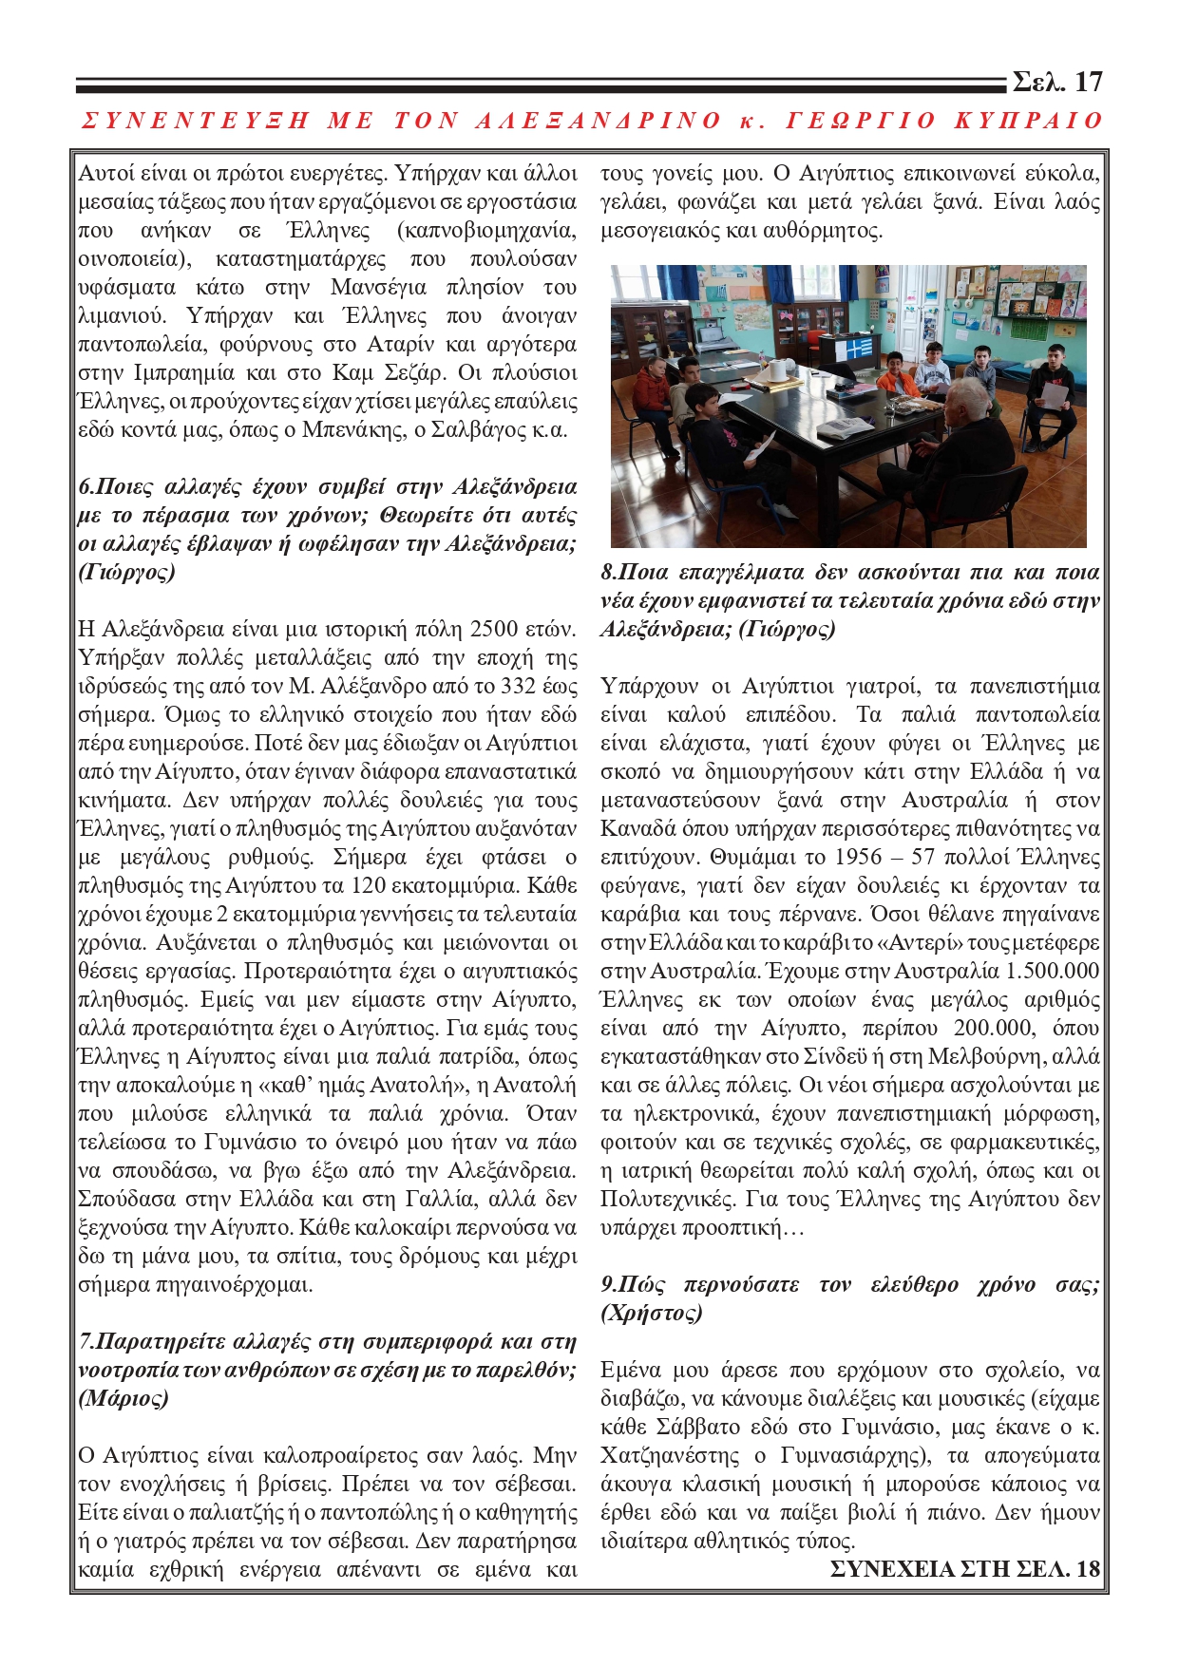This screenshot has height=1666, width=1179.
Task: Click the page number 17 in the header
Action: coord(1089,83)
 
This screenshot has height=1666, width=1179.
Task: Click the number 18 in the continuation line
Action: coord(1088,1569)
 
